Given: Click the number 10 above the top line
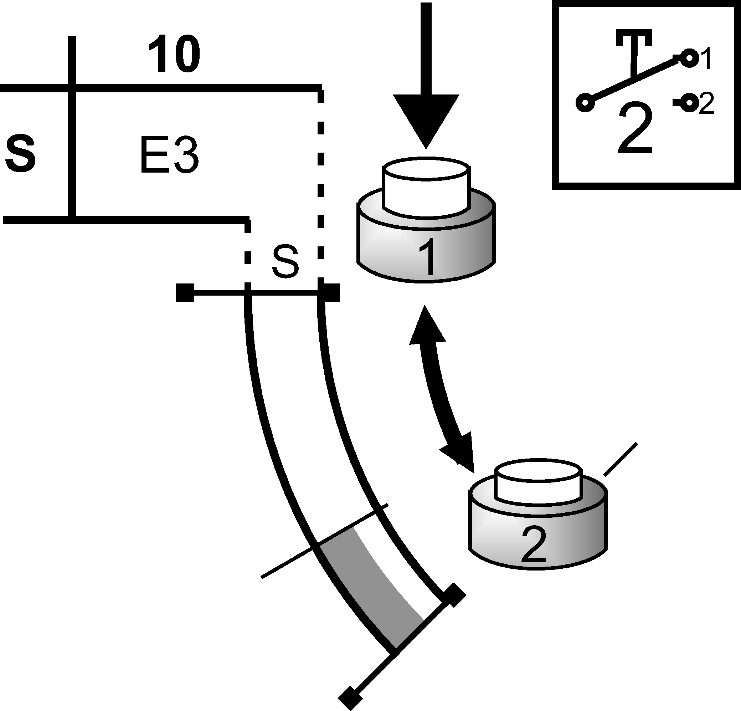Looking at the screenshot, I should [174, 55].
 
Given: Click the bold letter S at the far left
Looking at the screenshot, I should [21, 155].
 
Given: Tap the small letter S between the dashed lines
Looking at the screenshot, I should [285, 262].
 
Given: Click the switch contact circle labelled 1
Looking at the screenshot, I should [689, 58].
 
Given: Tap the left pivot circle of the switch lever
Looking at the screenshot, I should [585, 103].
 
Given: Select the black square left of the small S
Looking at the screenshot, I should [185, 293].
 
